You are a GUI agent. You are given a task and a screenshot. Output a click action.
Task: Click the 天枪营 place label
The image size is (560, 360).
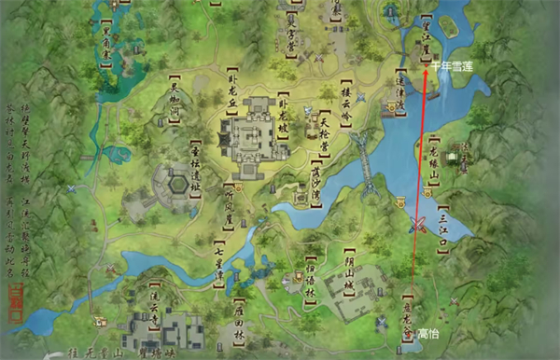pyautogui.click(x=324, y=132)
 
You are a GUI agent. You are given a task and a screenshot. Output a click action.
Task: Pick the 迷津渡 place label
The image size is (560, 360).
pyautogui.click(x=400, y=94)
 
